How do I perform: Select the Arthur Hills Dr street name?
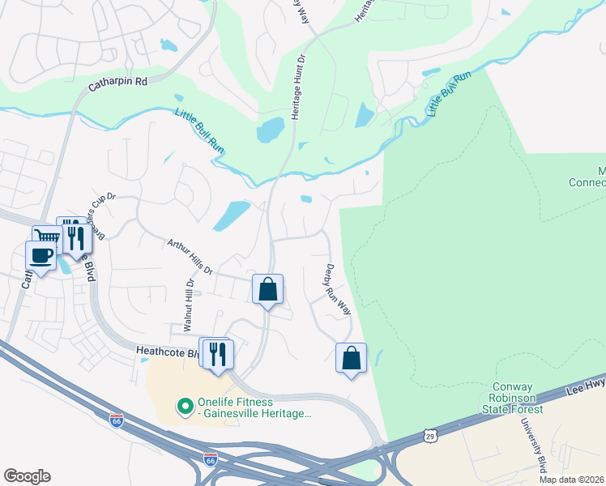click(189, 256)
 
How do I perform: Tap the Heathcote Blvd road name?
click(166, 353)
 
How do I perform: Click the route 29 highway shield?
click(428, 437)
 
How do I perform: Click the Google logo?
click(27, 476)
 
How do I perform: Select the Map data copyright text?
click(571, 480)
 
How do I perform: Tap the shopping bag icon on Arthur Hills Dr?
click(267, 290)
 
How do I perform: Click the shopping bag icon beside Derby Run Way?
click(351, 357)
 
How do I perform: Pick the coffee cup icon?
click(40, 256)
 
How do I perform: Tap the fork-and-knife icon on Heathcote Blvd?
click(218, 353)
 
